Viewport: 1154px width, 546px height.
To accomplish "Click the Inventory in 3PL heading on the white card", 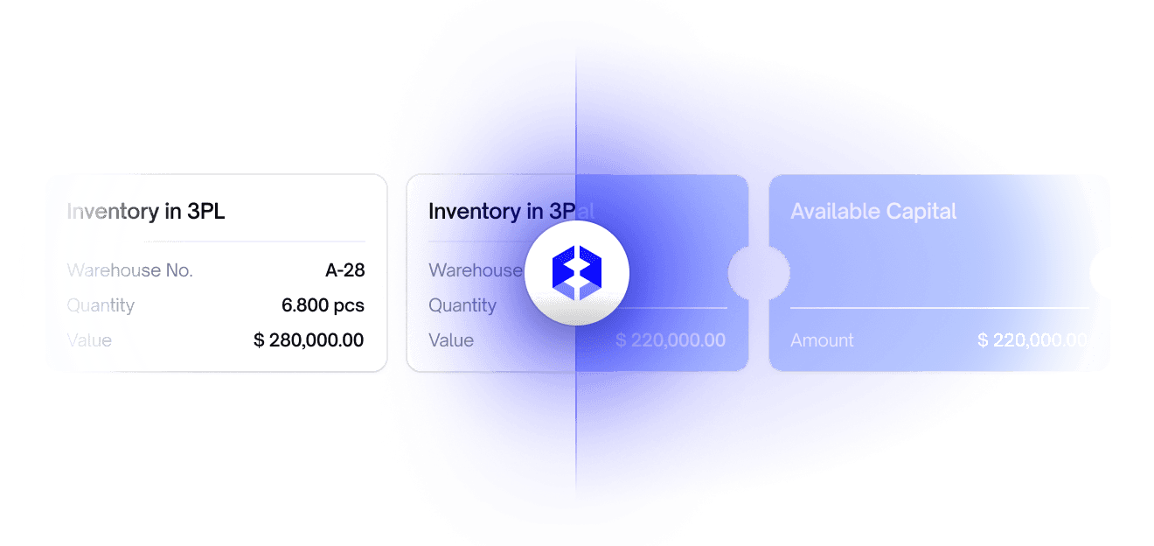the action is (x=145, y=212).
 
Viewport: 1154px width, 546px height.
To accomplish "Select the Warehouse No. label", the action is (x=129, y=270).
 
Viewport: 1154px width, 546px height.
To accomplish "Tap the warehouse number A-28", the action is (x=344, y=270).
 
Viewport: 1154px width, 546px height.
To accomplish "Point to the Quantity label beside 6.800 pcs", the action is (x=101, y=305).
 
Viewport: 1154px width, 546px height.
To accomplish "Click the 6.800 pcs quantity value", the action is (x=323, y=305).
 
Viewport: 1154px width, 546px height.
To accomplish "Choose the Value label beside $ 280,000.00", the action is (x=89, y=340).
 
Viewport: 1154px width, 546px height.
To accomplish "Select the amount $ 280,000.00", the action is (x=309, y=340).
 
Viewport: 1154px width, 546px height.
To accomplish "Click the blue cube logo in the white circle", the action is (x=577, y=273).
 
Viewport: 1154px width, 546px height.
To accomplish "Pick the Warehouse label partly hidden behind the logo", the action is (x=474, y=270).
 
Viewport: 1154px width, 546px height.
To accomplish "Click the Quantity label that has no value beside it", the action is (x=462, y=305).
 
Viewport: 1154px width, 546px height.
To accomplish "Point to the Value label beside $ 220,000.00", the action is (x=451, y=340).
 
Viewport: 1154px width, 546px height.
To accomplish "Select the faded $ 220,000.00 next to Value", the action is (x=671, y=340).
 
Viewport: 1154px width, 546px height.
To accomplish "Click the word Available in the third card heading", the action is (x=831, y=212).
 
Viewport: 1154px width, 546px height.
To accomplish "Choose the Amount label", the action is (x=822, y=340).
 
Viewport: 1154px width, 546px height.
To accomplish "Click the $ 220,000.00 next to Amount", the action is (x=1032, y=340).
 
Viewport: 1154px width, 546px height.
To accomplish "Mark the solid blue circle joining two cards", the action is (x=759, y=273).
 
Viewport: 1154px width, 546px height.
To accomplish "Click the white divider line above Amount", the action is (x=940, y=308).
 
